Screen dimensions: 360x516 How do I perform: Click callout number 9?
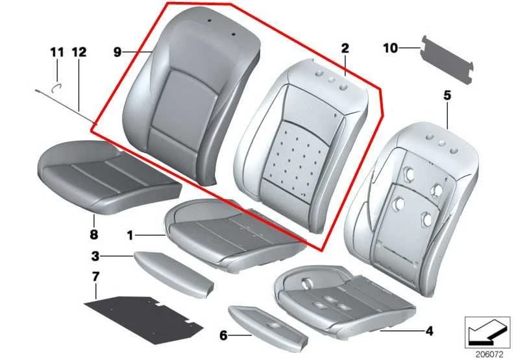pos(117,52)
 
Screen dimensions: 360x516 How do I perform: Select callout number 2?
pos(345,48)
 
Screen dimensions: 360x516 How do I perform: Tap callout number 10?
pos(389,47)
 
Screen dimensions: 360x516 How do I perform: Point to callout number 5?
pos(447,96)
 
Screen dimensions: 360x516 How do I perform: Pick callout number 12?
pos(79,51)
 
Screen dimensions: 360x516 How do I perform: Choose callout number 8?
pos(93,234)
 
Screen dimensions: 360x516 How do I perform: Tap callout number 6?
pos(223,335)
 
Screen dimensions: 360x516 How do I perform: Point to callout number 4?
pos(428,331)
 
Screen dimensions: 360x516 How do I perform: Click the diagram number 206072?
pos(488,354)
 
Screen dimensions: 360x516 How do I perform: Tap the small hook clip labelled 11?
pos(56,84)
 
